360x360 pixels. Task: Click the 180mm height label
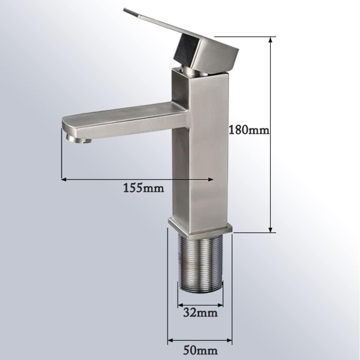coord(249,130)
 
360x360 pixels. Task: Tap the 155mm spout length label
coord(144,188)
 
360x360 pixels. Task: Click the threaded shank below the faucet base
coord(200,261)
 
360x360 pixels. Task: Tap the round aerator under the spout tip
coord(79,139)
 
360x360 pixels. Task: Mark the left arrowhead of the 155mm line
coord(63,179)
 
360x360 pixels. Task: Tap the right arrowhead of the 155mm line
coord(211,179)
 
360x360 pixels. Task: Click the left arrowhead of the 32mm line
coord(179,305)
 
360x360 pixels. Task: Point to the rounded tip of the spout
coord(67,124)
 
